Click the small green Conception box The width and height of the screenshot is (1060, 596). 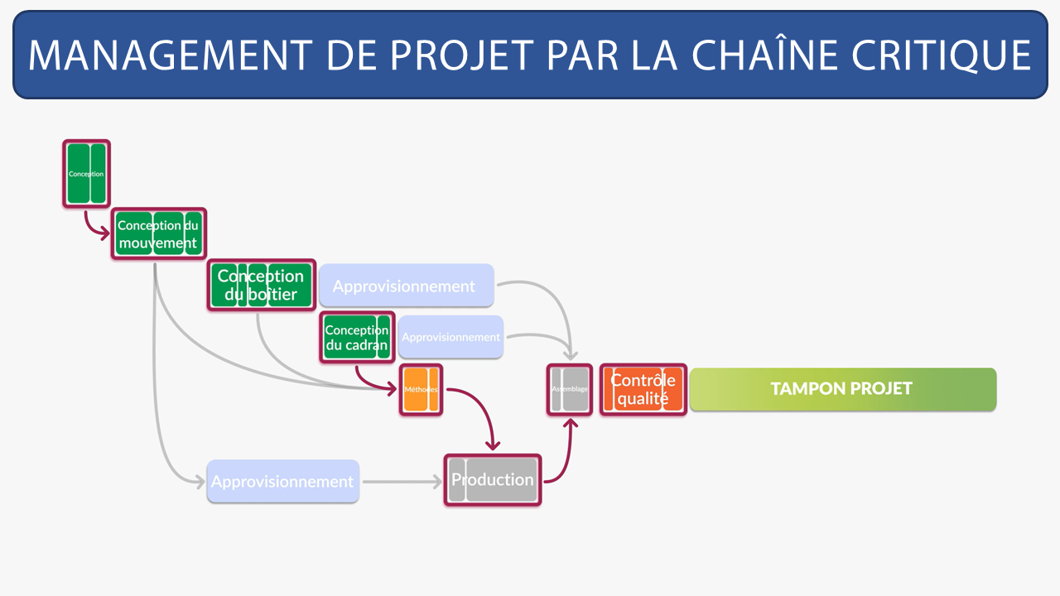(x=86, y=174)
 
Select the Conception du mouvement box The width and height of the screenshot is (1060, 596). (x=158, y=234)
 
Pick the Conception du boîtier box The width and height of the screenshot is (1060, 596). (x=261, y=286)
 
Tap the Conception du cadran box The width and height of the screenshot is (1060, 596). (x=357, y=337)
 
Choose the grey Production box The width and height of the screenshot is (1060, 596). (x=492, y=480)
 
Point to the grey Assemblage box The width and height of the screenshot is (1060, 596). (x=570, y=389)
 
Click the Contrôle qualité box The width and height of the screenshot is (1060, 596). (x=643, y=389)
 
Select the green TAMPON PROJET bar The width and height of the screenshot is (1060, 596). (x=842, y=389)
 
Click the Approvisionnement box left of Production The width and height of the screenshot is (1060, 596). (x=282, y=481)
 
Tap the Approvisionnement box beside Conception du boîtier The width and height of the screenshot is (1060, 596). (x=405, y=286)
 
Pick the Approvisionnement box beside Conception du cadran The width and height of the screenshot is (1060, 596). (x=450, y=337)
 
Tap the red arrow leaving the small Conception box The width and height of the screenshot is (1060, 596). (x=91, y=227)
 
